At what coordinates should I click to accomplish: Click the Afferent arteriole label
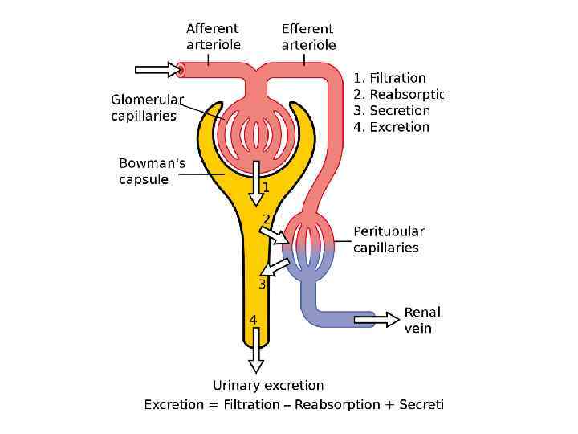click(213, 37)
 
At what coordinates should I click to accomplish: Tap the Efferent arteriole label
click(308, 37)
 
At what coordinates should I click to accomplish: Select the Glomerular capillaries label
click(147, 108)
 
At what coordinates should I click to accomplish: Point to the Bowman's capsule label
click(152, 171)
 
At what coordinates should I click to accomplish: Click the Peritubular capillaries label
click(389, 240)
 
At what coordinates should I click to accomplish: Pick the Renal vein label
click(422, 320)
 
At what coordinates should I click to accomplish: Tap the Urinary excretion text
click(268, 386)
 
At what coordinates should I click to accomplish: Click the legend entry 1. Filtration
click(389, 78)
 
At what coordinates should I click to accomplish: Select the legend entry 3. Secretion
click(392, 110)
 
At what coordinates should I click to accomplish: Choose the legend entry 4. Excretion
click(392, 127)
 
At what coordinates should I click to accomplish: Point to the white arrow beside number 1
click(255, 182)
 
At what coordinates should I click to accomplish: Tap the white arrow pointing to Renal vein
click(377, 319)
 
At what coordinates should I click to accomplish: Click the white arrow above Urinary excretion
click(255, 350)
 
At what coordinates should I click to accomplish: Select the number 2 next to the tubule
click(267, 219)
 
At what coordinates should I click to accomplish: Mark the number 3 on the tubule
click(262, 285)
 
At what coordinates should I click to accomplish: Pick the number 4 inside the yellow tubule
click(253, 320)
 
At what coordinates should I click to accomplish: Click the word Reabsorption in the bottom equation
click(337, 404)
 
